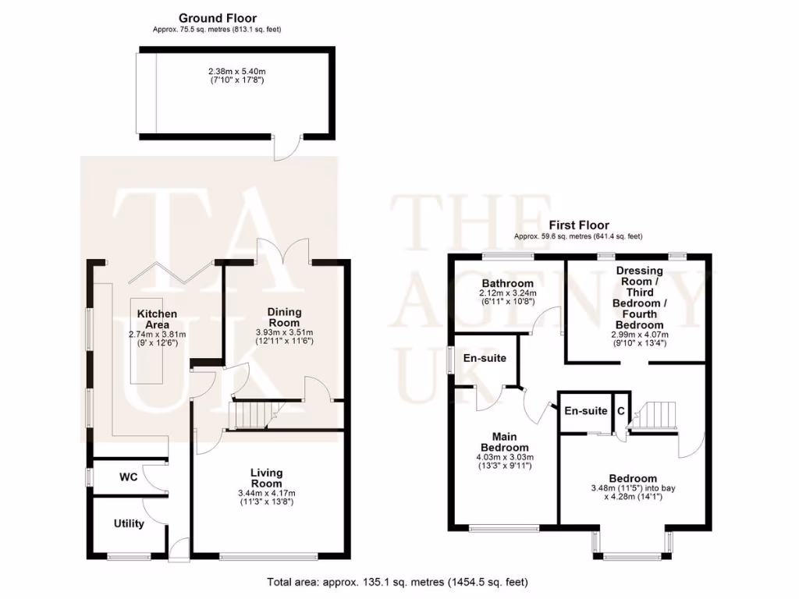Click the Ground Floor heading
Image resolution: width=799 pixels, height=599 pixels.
click(x=217, y=18)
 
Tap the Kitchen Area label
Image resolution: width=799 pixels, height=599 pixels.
click(x=157, y=319)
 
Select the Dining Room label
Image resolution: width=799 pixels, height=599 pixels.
click(x=284, y=317)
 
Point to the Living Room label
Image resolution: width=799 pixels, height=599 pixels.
click(x=266, y=478)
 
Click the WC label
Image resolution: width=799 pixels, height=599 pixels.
click(x=129, y=477)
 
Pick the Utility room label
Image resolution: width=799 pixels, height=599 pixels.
click(x=129, y=523)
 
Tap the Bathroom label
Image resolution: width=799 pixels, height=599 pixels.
click(x=507, y=283)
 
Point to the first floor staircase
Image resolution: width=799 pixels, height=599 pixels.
click(x=655, y=414)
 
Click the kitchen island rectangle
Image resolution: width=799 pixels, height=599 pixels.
click(x=147, y=340)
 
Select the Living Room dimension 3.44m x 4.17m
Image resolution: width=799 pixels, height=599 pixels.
click(x=266, y=494)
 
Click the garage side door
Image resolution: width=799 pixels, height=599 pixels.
click(x=289, y=147)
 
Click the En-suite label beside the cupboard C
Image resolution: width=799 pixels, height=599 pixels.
click(x=586, y=411)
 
